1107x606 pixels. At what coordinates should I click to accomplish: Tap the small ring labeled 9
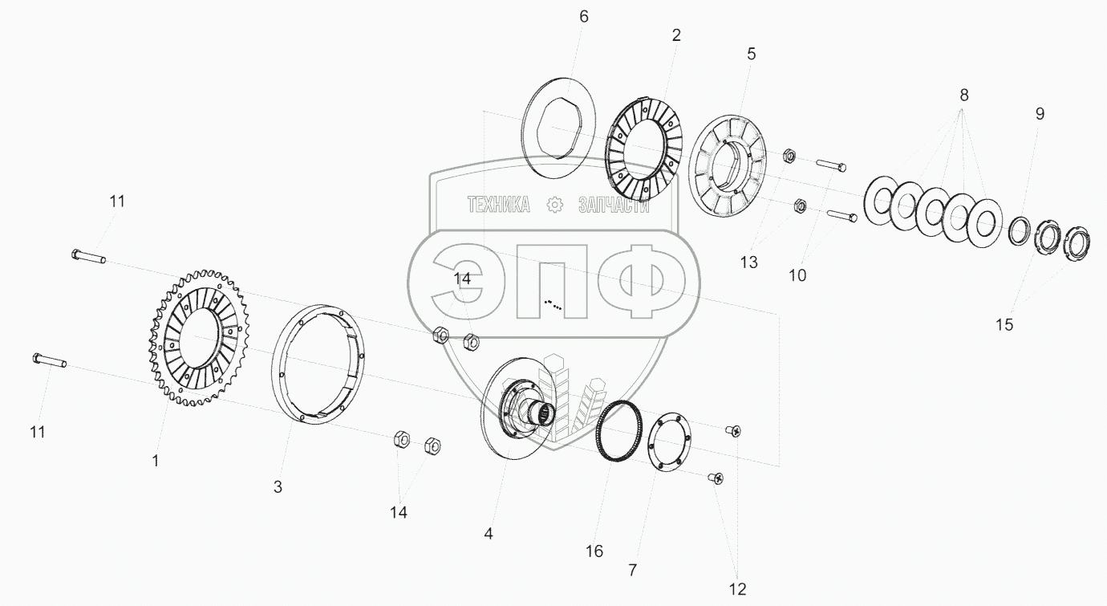click(x=1020, y=231)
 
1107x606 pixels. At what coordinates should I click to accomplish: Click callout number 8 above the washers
click(x=963, y=95)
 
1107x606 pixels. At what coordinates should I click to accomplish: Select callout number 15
click(x=1004, y=324)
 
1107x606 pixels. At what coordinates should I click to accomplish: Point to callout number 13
click(x=748, y=262)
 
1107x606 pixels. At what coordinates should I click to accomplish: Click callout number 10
click(x=797, y=275)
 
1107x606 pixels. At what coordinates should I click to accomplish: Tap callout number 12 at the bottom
click(x=738, y=590)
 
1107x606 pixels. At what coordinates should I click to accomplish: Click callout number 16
click(x=594, y=551)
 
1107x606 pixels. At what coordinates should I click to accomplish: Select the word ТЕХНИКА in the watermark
click(x=498, y=205)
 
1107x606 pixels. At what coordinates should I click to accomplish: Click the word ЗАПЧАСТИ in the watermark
click(x=613, y=205)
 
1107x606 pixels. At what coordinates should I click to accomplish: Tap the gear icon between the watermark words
click(x=554, y=205)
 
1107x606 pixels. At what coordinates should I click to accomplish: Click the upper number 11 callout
click(x=117, y=201)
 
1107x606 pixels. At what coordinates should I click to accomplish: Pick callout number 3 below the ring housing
click(x=278, y=486)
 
